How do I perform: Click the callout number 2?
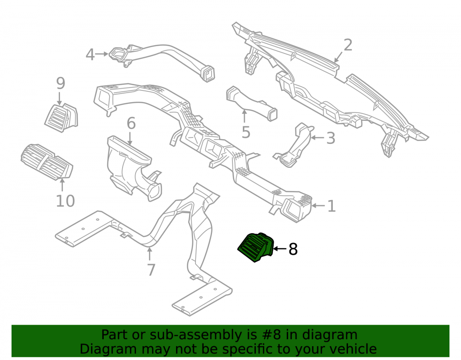click(x=348, y=45)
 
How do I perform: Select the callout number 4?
click(x=90, y=55)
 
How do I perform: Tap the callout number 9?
click(x=60, y=83)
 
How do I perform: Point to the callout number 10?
click(x=65, y=201)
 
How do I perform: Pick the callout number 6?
click(x=131, y=123)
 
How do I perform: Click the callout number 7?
click(x=151, y=270)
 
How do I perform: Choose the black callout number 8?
click(x=293, y=249)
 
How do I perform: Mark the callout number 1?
click(x=331, y=206)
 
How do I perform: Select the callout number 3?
click(x=331, y=138)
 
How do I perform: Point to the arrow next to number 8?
click(x=280, y=249)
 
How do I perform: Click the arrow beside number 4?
click(x=102, y=54)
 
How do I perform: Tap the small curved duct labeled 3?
click(x=294, y=146)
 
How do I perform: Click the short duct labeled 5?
click(x=251, y=104)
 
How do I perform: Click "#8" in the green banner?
click(x=271, y=335)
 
